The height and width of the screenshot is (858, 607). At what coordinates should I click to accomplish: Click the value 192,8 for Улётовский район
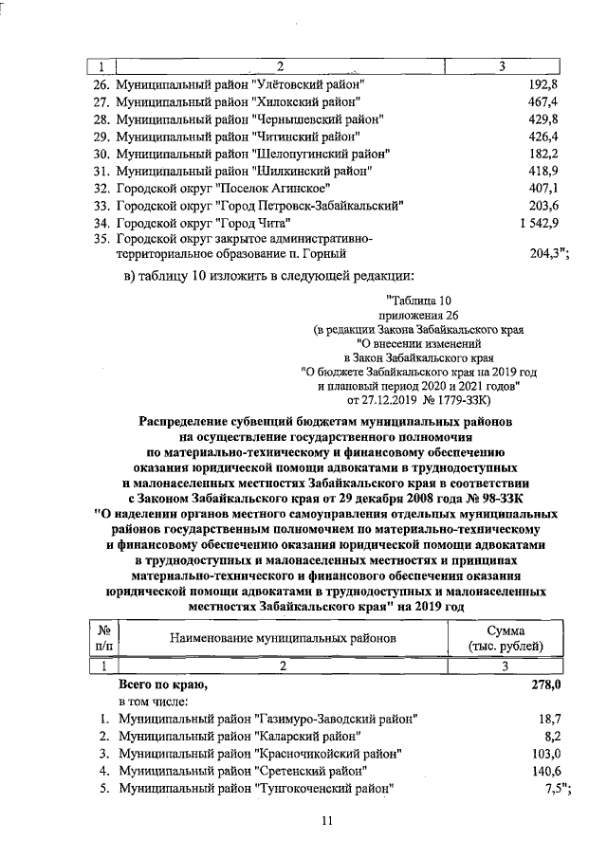click(543, 84)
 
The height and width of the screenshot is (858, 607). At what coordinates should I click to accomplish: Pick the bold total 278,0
click(544, 683)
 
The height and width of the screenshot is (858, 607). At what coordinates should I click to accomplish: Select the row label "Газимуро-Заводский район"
click(266, 720)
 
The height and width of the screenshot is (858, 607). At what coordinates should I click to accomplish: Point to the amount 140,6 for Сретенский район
click(546, 771)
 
